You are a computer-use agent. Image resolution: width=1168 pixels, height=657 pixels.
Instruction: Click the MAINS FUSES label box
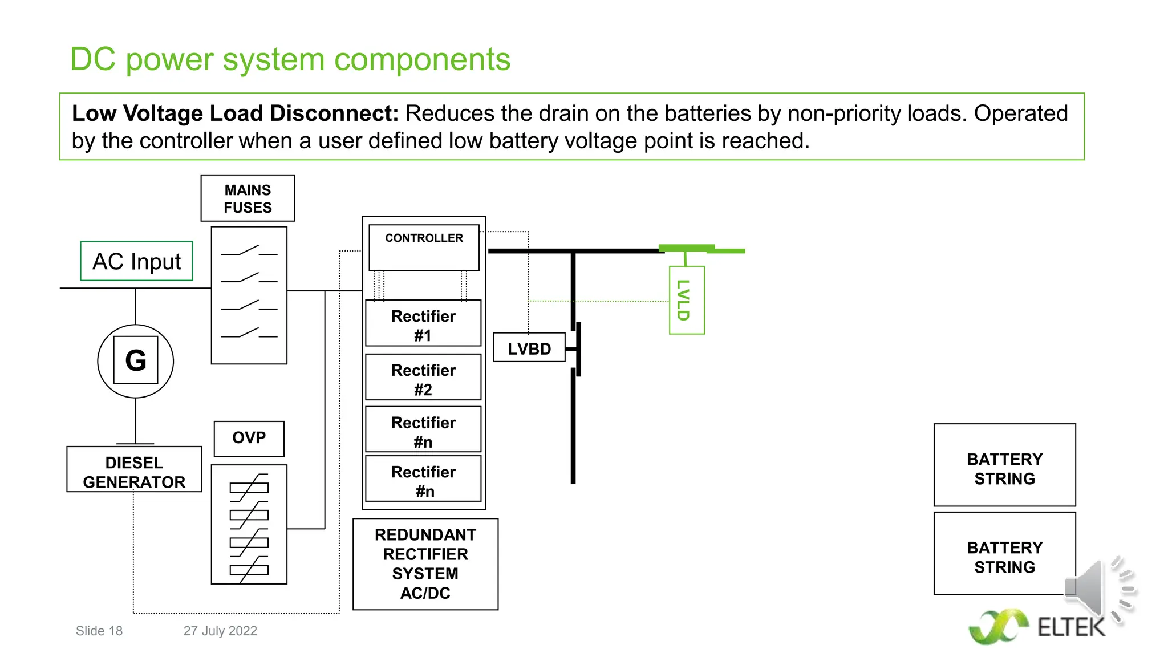point(248,198)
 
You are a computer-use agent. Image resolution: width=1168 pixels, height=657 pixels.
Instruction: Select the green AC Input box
point(136,261)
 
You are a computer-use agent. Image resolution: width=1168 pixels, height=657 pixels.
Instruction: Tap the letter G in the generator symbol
point(136,360)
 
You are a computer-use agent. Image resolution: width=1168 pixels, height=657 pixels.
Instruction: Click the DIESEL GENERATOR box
point(134,472)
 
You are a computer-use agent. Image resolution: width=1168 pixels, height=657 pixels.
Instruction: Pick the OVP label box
point(249,438)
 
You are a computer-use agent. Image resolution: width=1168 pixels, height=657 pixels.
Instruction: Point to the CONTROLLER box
point(424,247)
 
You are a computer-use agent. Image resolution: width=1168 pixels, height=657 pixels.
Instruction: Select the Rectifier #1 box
point(423,325)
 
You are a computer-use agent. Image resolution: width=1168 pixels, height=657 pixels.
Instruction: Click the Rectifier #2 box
point(423,379)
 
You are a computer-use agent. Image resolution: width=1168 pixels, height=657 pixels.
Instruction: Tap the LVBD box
point(529,348)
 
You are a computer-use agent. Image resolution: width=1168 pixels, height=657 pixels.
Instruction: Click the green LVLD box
point(686,300)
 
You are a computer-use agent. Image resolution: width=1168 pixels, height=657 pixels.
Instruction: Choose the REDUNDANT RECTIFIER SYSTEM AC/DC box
point(425,563)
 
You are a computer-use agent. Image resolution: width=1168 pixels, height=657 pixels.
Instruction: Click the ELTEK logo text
point(1070,628)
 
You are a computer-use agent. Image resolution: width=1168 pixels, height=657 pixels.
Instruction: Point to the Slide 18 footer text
point(99,631)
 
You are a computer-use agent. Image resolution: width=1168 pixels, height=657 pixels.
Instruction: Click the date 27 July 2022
point(220,631)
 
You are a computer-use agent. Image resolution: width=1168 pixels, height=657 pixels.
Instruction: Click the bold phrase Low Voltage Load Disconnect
point(234,113)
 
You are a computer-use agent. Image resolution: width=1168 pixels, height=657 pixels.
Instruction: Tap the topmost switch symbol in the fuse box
point(249,252)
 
